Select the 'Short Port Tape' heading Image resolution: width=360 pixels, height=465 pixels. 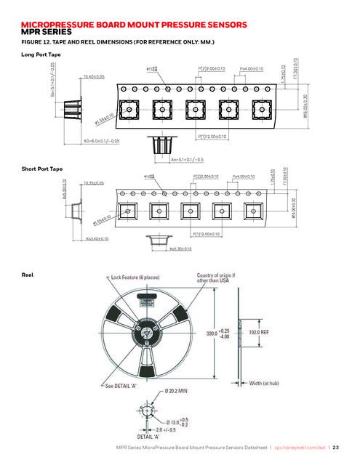pyautogui.click(x=43, y=169)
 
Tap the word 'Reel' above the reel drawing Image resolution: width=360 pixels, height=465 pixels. pyautogui.click(x=28, y=275)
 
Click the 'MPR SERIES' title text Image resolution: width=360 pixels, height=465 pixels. pyautogui.click(x=47, y=33)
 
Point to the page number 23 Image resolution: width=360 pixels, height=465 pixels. pyautogui.click(x=337, y=448)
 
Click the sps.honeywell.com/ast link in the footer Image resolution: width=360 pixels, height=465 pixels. pyautogui.click(x=300, y=448)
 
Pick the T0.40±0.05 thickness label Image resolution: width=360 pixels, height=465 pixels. pyautogui.click(x=94, y=76)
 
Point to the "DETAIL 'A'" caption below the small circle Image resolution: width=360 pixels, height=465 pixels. pyautogui.click(x=148, y=437)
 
